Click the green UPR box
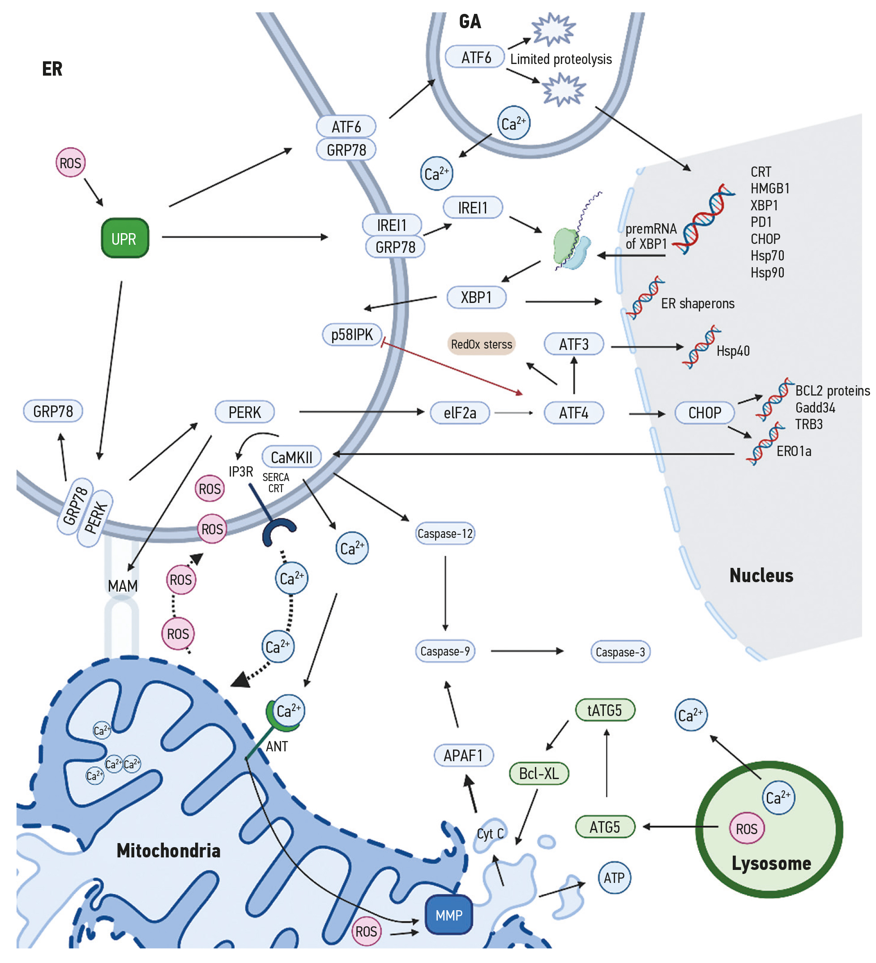125,238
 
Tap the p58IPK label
352,334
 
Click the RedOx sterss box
481,344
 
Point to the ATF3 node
573,344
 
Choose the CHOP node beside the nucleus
704,413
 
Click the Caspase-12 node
444,533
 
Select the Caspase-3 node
620,652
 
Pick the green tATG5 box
604,710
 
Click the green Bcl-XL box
538,773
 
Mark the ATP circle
614,877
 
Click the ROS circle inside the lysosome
746,828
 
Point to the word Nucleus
761,575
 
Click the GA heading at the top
470,21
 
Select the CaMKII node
291,457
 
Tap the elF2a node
459,413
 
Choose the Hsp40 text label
733,351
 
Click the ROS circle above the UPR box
70,163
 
